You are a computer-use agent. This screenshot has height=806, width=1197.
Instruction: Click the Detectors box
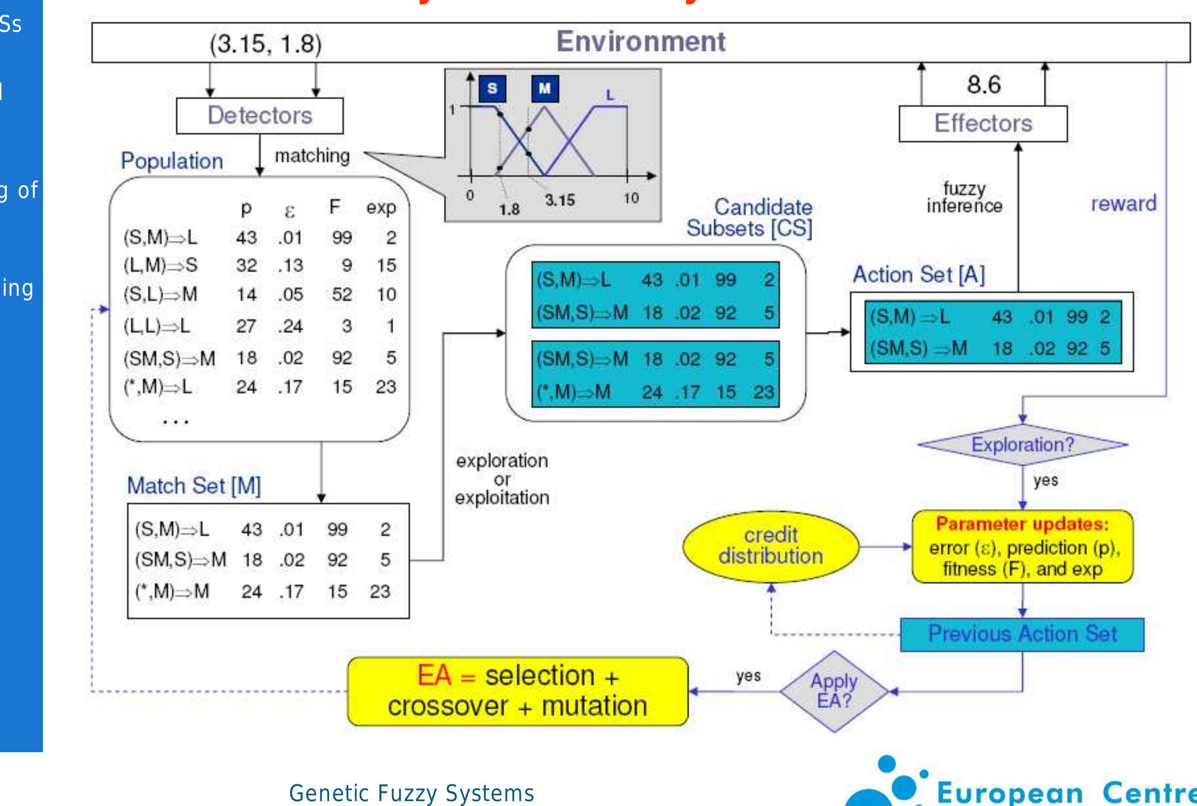pyautogui.click(x=260, y=116)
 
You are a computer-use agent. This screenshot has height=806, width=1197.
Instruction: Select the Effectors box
pyautogui.click(x=983, y=123)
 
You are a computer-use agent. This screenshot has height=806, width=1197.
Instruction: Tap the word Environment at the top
pyautogui.click(x=641, y=41)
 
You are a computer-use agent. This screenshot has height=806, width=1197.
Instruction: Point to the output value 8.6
pyautogui.click(x=984, y=84)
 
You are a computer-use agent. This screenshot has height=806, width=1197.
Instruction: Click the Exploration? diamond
pyautogui.click(x=1022, y=445)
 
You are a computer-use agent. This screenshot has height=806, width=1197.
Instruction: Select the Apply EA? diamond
pyautogui.click(x=834, y=691)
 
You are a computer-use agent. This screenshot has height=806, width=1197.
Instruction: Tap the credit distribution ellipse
pyautogui.click(x=770, y=546)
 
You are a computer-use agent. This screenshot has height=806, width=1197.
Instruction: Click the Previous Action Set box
pyautogui.click(x=1022, y=634)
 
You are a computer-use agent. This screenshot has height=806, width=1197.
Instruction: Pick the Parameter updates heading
pyautogui.click(x=1022, y=524)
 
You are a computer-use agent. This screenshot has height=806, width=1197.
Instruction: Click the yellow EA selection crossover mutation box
pyautogui.click(x=517, y=691)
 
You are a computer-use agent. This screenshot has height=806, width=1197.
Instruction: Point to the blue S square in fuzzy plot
pyautogui.click(x=492, y=88)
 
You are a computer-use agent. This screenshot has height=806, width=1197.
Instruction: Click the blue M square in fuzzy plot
pyautogui.click(x=545, y=88)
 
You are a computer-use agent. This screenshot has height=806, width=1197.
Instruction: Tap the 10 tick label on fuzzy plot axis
pyautogui.click(x=631, y=198)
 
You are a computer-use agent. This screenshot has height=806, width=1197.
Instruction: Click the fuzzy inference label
pyautogui.click(x=964, y=197)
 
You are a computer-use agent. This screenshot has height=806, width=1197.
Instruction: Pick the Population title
pyautogui.click(x=172, y=161)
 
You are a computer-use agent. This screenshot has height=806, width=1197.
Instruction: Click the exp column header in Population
pyautogui.click(x=381, y=208)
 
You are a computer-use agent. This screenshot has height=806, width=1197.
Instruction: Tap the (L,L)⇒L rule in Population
pyautogui.click(x=157, y=326)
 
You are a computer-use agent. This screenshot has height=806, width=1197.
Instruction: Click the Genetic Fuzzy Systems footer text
pyautogui.click(x=411, y=793)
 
